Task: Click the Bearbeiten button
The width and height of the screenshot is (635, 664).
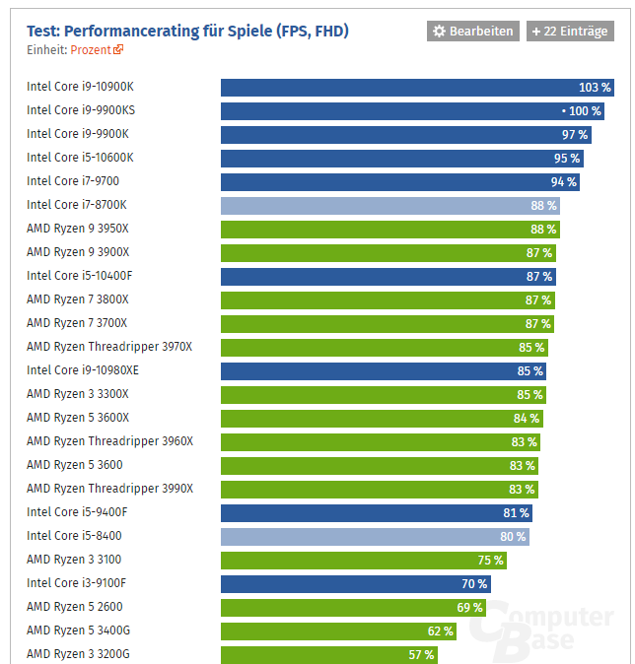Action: [472, 32]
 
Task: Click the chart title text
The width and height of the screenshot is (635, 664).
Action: [187, 31]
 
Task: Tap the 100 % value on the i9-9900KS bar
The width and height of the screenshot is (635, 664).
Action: [584, 110]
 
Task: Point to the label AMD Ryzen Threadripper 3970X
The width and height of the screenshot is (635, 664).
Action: [109, 347]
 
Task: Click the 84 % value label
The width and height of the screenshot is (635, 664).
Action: [527, 418]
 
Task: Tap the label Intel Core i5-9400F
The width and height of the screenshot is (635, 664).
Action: [77, 512]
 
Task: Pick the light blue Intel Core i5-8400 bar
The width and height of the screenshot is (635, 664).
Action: [375, 536]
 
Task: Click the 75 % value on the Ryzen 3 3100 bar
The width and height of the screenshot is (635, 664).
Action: [490, 560]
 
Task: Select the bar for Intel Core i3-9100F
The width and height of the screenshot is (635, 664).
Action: [355, 583]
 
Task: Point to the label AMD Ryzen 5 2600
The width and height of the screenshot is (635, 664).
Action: [75, 607]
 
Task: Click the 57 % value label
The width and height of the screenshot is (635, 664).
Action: [421, 654]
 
